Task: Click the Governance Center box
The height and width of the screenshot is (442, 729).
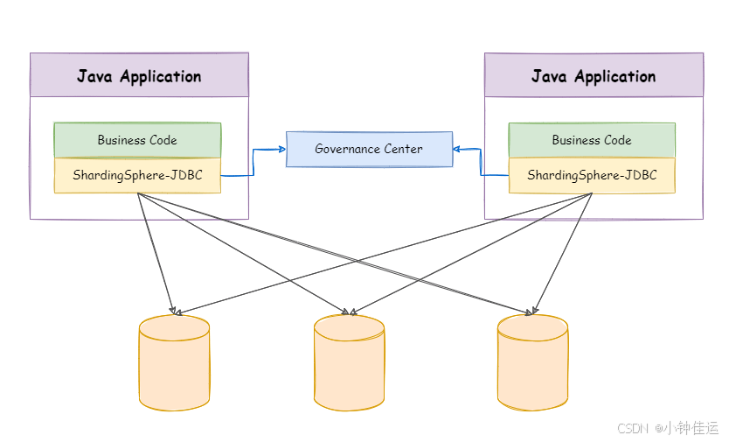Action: pyautogui.click(x=369, y=149)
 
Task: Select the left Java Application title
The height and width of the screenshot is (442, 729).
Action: pyautogui.click(x=139, y=76)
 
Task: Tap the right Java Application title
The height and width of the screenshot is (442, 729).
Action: pyautogui.click(x=594, y=76)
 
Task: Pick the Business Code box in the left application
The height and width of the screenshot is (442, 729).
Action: pyautogui.click(x=137, y=140)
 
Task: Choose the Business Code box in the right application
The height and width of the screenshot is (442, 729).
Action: pyautogui.click(x=592, y=140)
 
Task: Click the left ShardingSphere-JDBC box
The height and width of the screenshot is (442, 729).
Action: pyautogui.click(x=137, y=175)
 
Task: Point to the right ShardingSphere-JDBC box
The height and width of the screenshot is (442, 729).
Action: pyautogui.click(x=592, y=175)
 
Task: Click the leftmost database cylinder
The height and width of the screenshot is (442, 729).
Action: pyautogui.click(x=174, y=363)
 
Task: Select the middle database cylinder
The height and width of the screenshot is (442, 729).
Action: pyautogui.click(x=349, y=363)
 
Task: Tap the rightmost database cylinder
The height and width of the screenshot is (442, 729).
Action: pyautogui.click(x=532, y=363)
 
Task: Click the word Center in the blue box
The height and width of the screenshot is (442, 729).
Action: pyautogui.click(x=403, y=149)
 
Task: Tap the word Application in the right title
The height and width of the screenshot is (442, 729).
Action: pyautogui.click(x=613, y=77)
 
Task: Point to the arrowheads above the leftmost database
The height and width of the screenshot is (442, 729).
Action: pyautogui.click(x=174, y=311)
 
